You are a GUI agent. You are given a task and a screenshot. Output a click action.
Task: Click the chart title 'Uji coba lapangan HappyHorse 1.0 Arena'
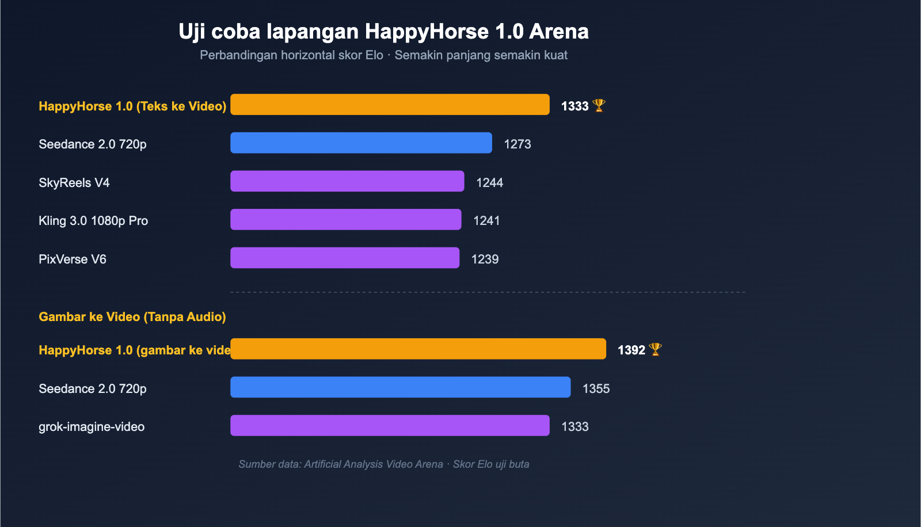pyautogui.click(x=383, y=32)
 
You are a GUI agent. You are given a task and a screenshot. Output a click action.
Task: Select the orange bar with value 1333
pyautogui.click(x=390, y=105)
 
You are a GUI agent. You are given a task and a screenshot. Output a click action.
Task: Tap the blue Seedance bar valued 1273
pyautogui.click(x=361, y=143)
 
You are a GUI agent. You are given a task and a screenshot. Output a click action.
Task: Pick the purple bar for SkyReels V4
pyautogui.click(x=347, y=181)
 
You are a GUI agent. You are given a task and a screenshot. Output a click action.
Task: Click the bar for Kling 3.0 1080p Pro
pyautogui.click(x=345, y=220)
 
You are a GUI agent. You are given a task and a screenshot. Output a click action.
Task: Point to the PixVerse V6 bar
pyautogui.click(x=345, y=258)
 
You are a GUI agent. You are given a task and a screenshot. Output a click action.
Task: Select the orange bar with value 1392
pyautogui.click(x=418, y=349)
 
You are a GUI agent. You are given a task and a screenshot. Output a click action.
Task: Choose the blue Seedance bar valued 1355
pyautogui.click(x=400, y=387)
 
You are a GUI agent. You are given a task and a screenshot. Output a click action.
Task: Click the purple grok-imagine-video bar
pyautogui.click(x=390, y=426)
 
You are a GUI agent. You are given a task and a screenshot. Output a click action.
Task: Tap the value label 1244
pyautogui.click(x=489, y=183)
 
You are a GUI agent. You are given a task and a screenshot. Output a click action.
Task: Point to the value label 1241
pyautogui.click(x=486, y=221)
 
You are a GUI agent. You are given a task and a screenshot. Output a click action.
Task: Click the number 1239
pyautogui.click(x=485, y=259)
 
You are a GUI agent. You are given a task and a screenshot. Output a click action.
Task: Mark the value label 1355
pyautogui.click(x=596, y=389)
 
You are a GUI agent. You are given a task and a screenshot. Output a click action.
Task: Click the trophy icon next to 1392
pyautogui.click(x=655, y=349)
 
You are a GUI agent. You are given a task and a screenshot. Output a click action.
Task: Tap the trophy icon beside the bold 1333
pyautogui.click(x=599, y=105)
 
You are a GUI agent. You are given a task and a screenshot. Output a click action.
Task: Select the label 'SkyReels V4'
pyautogui.click(x=74, y=183)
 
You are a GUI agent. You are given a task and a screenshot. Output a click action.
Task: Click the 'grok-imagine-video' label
pyautogui.click(x=92, y=427)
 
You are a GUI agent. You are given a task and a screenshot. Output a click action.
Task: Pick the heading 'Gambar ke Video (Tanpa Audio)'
pyautogui.click(x=132, y=317)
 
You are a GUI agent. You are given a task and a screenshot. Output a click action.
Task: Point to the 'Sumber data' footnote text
pyautogui.click(x=384, y=464)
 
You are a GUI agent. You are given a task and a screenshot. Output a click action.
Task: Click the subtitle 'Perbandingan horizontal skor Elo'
pyautogui.click(x=291, y=55)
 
